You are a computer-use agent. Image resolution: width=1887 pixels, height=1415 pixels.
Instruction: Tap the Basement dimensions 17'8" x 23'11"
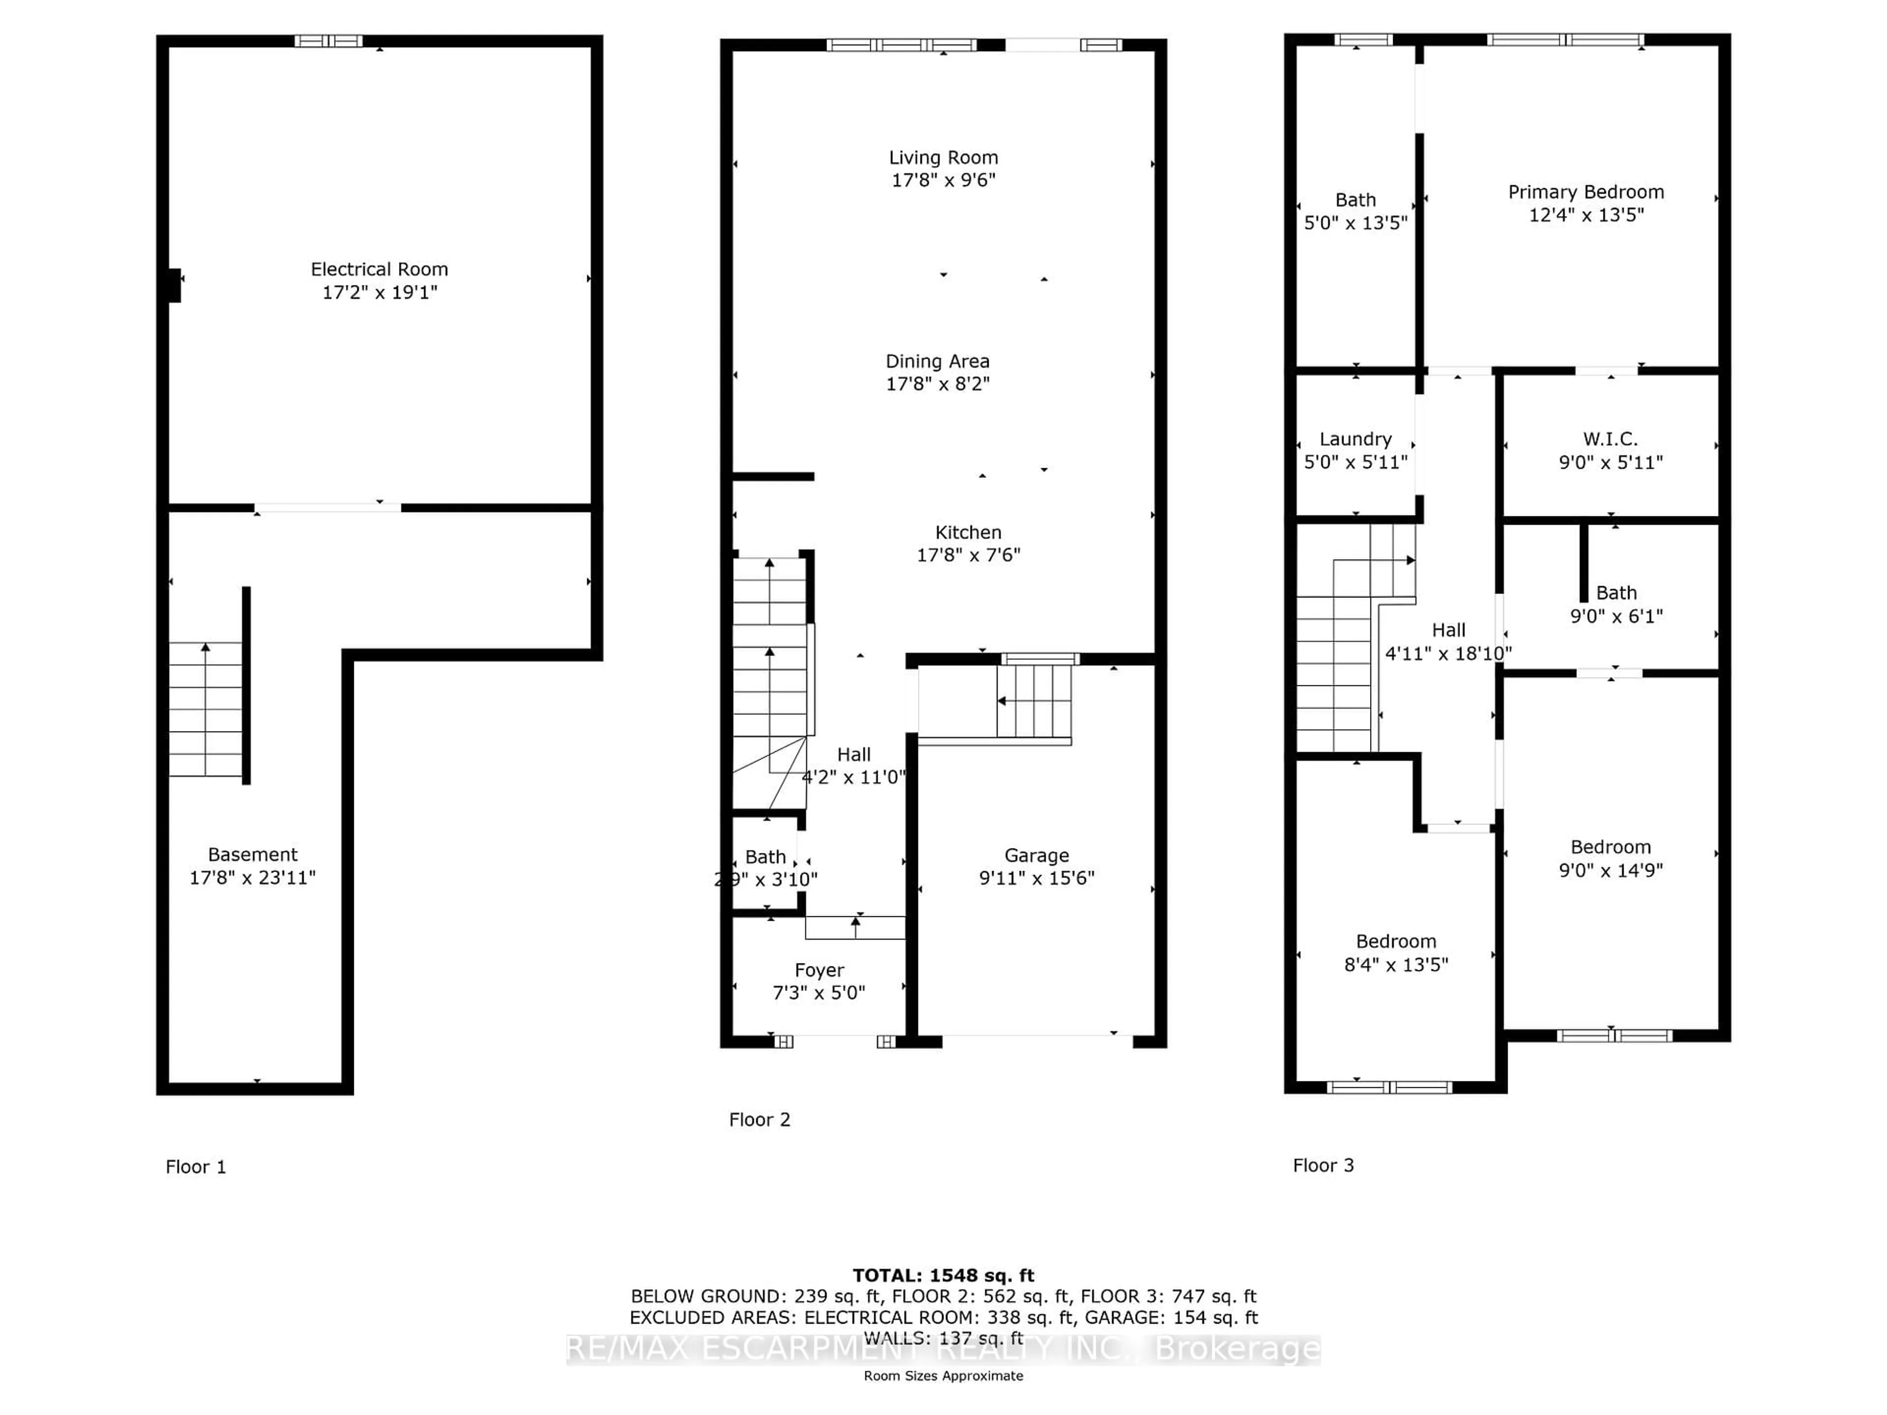253,877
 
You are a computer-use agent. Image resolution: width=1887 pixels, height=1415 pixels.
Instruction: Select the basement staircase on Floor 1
205,709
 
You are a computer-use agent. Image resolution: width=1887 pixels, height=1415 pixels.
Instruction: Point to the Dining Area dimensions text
938,384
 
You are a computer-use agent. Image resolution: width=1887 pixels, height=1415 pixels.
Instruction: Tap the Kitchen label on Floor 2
968,532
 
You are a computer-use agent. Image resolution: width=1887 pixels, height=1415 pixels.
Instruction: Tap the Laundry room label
1355,439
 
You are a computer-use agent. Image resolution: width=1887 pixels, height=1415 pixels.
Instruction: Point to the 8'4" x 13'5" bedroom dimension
1396,964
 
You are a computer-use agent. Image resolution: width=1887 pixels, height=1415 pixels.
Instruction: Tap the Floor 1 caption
196,1167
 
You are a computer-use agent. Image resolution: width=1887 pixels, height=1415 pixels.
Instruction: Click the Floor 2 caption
759,1120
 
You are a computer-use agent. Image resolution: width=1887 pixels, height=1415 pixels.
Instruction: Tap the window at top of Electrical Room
328,41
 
